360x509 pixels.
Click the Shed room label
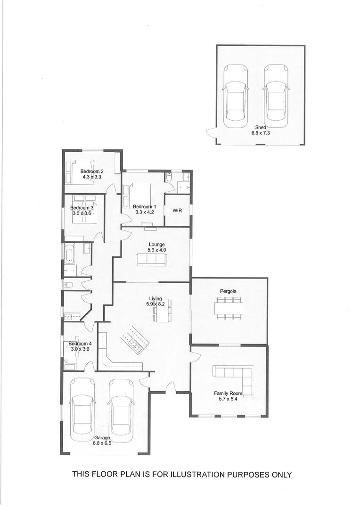[261, 127]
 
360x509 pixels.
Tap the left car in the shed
[236, 97]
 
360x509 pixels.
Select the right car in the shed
[276, 97]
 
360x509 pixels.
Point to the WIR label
[177, 210]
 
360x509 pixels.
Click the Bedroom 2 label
[92, 171]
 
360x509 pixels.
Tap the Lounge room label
[157, 244]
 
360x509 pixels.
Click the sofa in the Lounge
[151, 260]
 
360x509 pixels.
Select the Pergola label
[228, 291]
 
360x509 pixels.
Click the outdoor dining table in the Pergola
[229, 308]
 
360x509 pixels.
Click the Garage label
[102, 437]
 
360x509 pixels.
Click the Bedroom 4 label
[80, 344]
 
